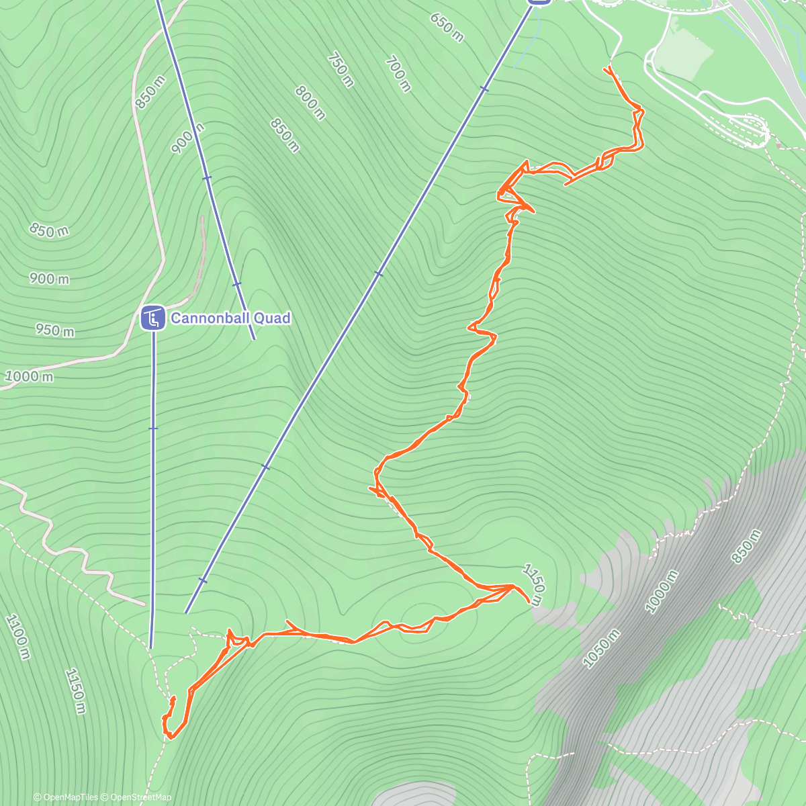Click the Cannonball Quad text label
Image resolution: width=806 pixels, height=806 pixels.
(230, 318)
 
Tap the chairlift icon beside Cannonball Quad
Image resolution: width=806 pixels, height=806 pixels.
(153, 318)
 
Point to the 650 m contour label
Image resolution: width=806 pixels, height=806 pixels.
(447, 27)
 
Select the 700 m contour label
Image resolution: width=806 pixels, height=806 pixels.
(398, 73)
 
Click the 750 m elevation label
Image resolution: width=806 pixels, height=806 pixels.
(340, 70)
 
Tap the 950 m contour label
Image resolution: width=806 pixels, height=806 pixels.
(55, 330)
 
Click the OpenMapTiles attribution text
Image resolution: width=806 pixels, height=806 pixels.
(66, 797)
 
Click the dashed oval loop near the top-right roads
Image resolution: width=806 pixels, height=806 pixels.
(739, 130)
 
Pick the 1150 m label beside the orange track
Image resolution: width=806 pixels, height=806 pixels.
(533, 585)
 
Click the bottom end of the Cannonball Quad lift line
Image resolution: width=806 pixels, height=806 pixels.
(151, 647)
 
